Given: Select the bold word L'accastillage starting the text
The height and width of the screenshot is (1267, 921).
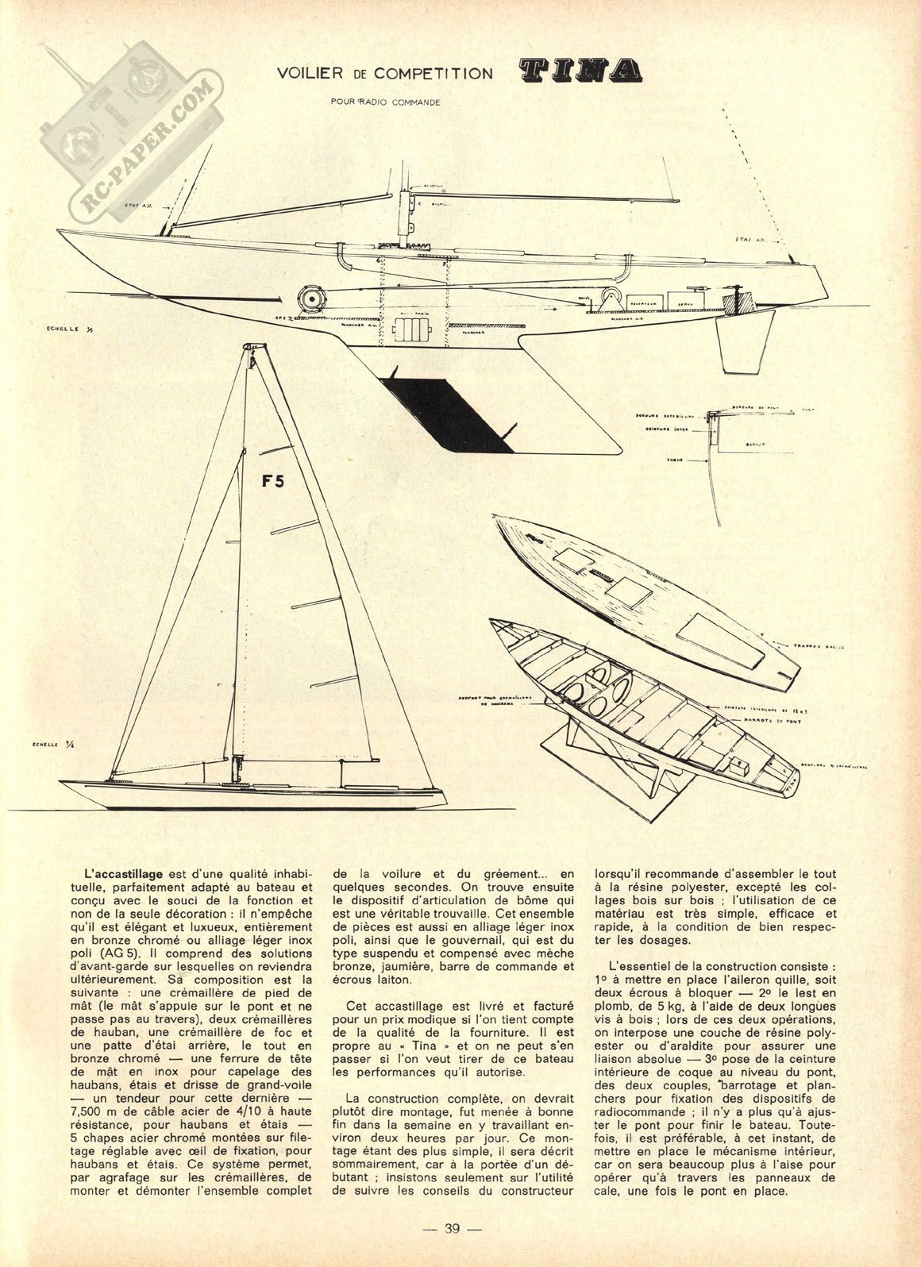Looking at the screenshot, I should click(x=124, y=871).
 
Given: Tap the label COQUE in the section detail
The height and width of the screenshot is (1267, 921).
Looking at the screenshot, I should click(x=653, y=459).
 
